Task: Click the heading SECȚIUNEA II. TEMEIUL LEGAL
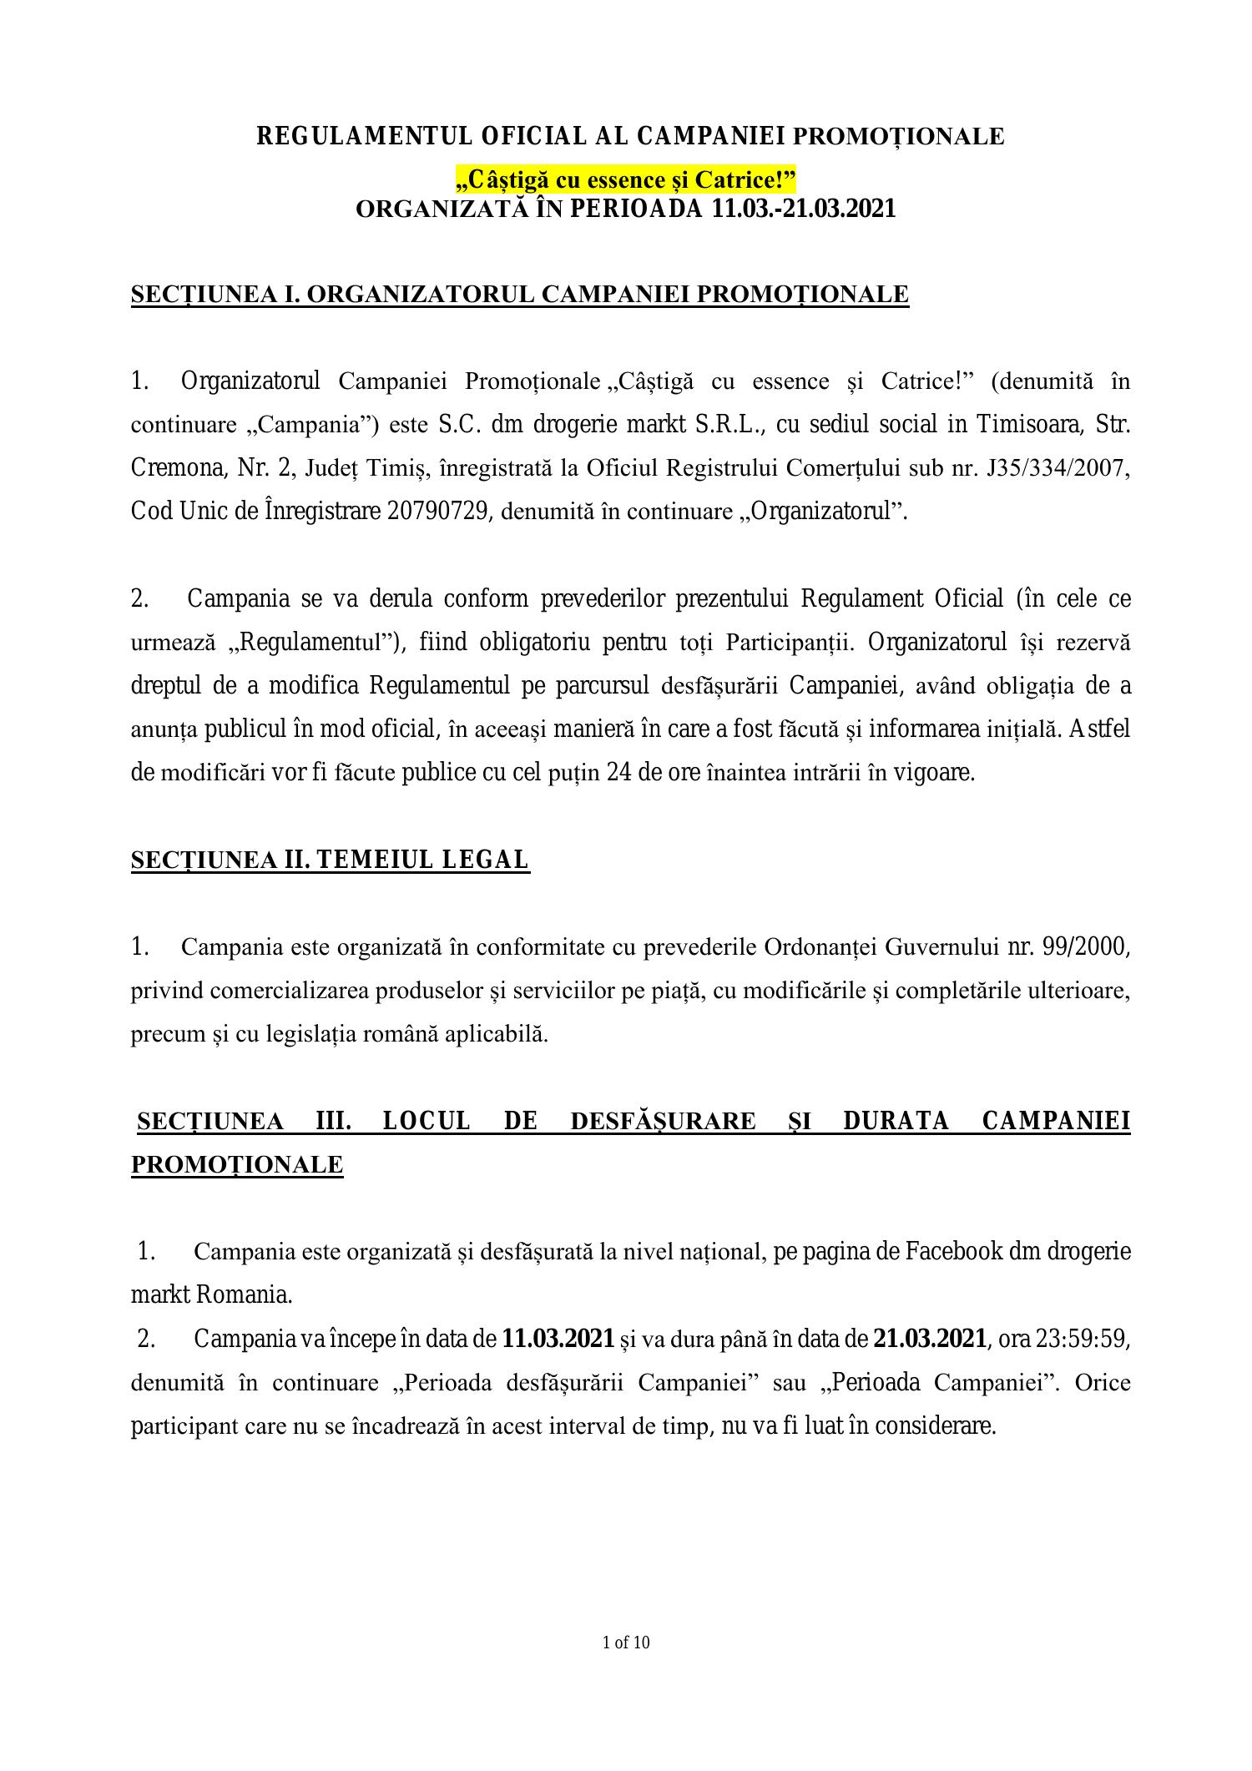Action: click(330, 860)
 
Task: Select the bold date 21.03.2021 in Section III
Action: click(929, 1340)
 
